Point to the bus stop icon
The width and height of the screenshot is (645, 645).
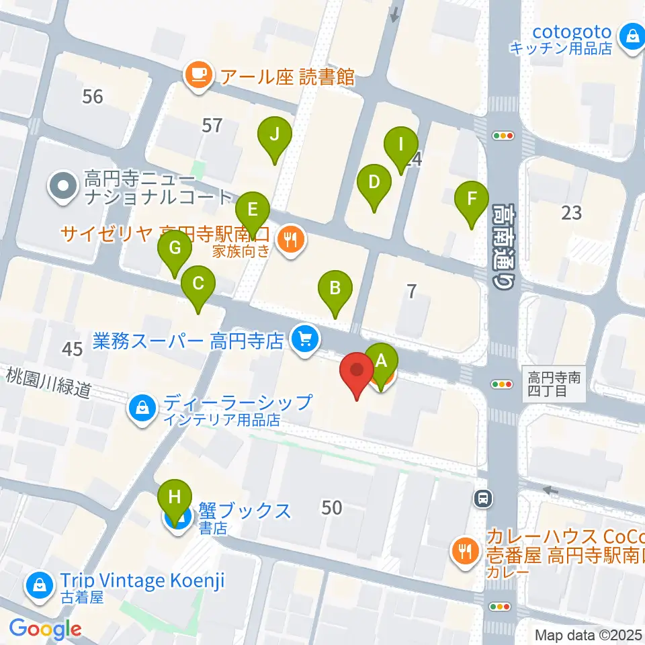click(x=482, y=498)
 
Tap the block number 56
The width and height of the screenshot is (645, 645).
click(x=93, y=97)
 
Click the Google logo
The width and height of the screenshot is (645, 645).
click(x=45, y=629)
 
